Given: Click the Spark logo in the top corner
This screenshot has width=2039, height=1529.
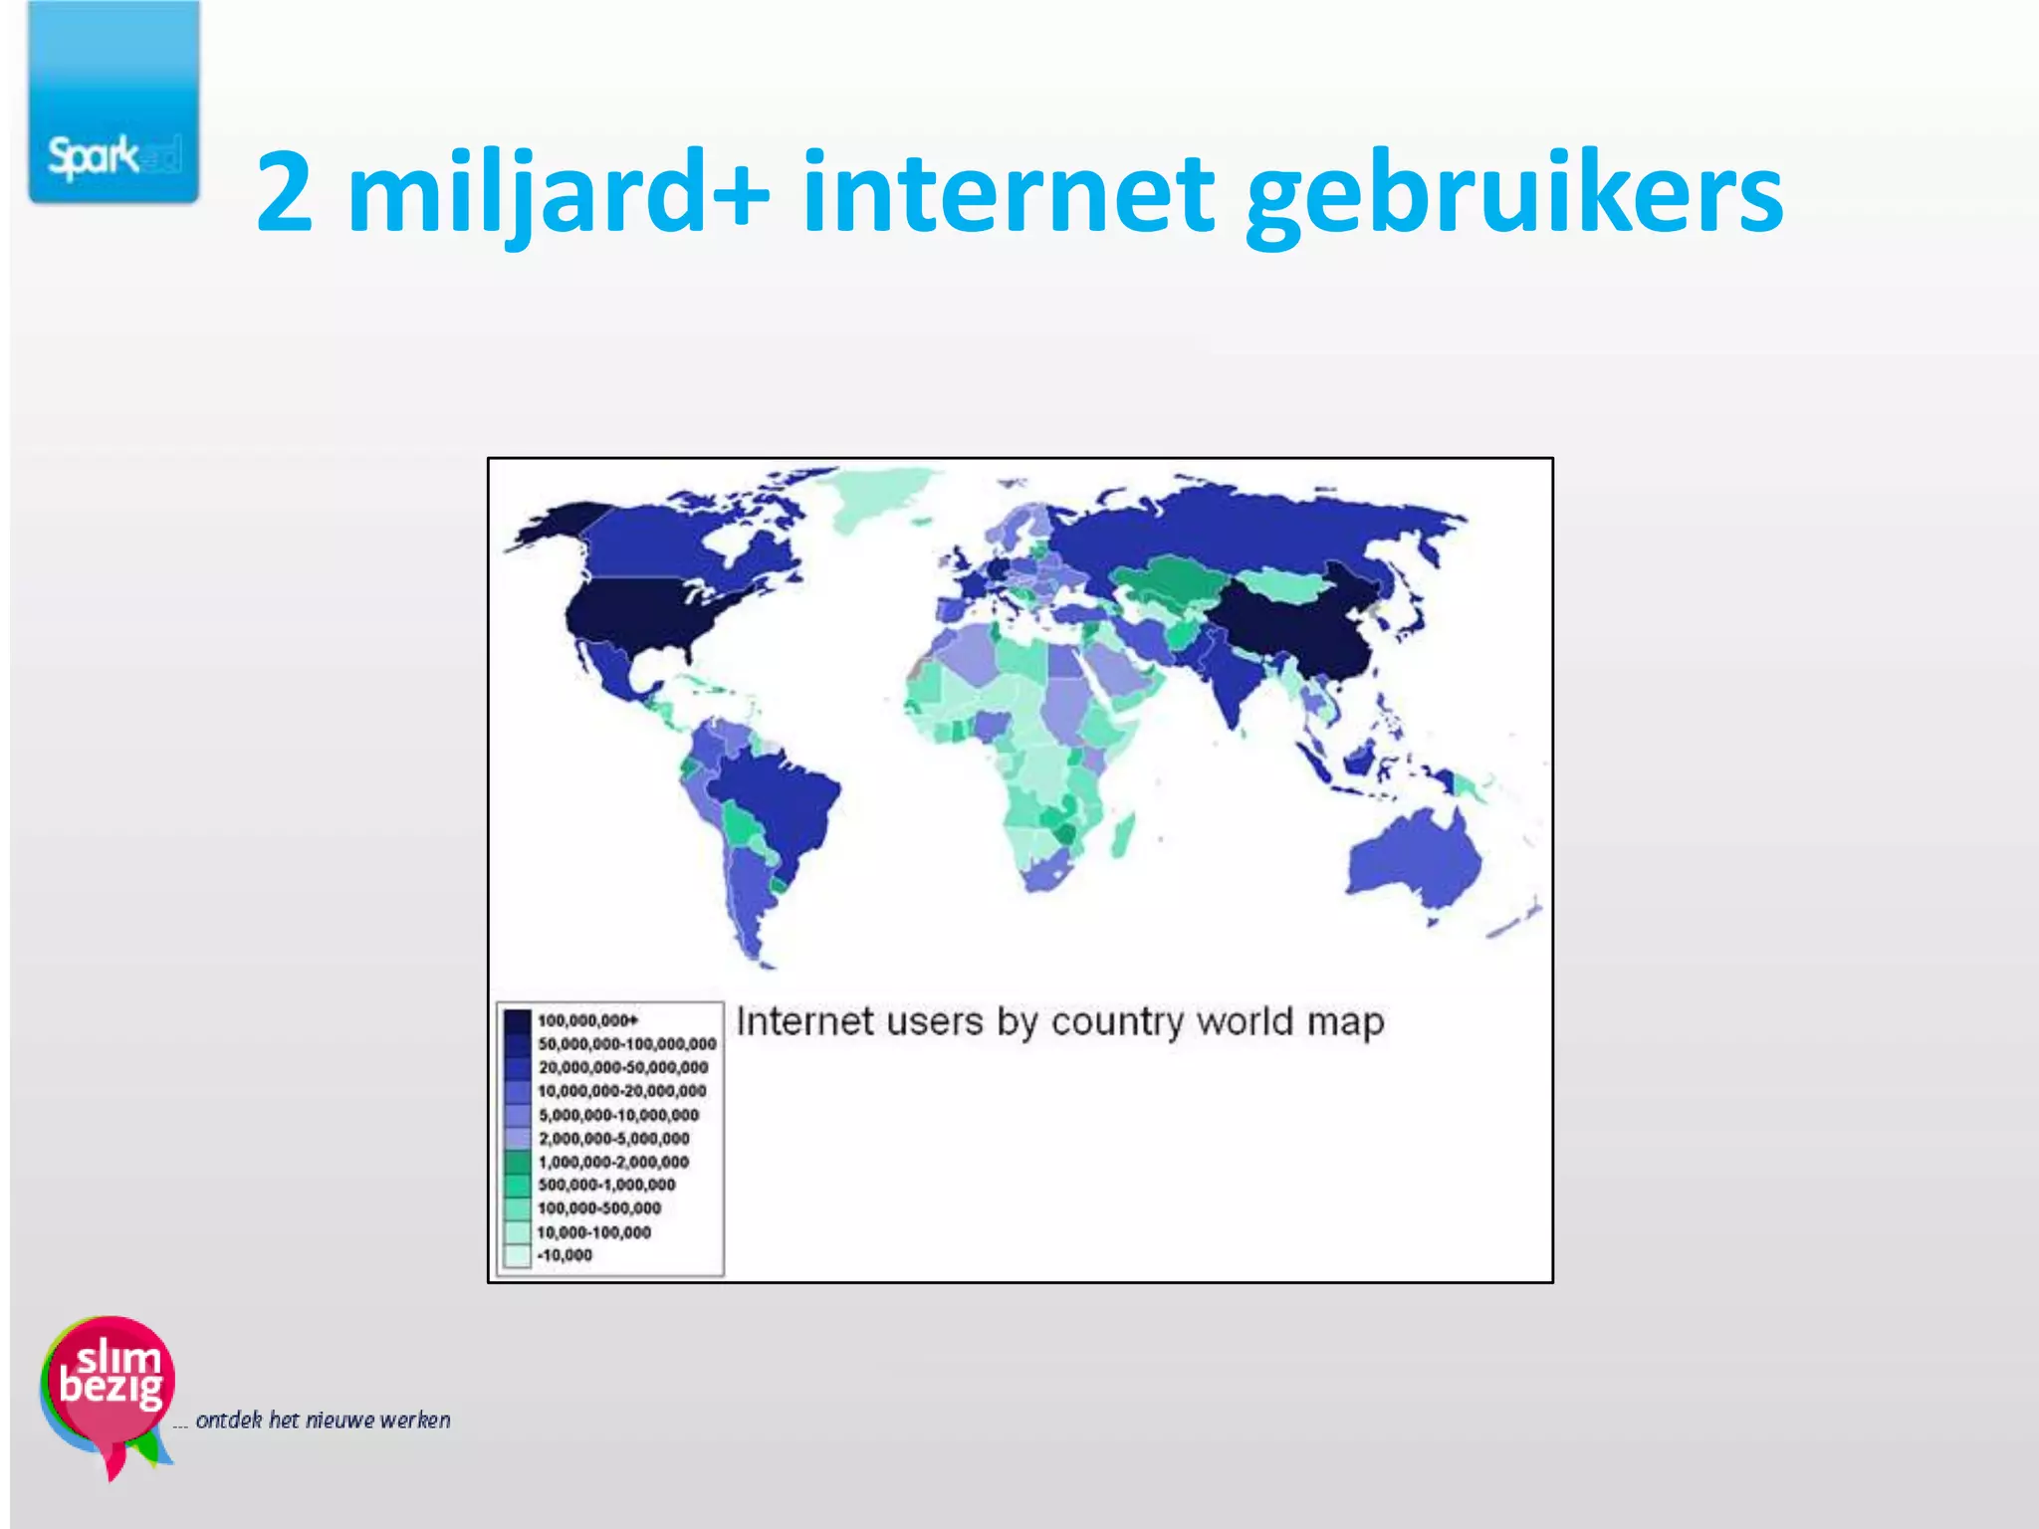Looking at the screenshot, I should click(x=113, y=103).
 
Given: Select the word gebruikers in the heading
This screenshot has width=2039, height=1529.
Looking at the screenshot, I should click(x=1513, y=194).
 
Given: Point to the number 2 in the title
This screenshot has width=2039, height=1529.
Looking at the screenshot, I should click(x=285, y=191).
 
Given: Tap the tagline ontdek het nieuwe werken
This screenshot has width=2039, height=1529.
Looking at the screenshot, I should click(x=323, y=1420).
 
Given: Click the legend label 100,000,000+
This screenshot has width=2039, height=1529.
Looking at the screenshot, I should click(x=587, y=1020).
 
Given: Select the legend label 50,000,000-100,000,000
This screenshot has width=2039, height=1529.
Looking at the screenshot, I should click(x=627, y=1044).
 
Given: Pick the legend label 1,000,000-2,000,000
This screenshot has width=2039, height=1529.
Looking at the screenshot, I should click(x=613, y=1162).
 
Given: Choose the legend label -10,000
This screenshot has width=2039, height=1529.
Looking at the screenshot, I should click(x=565, y=1255).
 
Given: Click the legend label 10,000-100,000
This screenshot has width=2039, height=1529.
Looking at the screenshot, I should click(x=594, y=1232).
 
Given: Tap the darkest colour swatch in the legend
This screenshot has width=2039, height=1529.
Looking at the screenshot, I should click(x=517, y=1021).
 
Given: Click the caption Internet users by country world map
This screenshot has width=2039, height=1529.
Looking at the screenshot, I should click(x=1060, y=1022).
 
